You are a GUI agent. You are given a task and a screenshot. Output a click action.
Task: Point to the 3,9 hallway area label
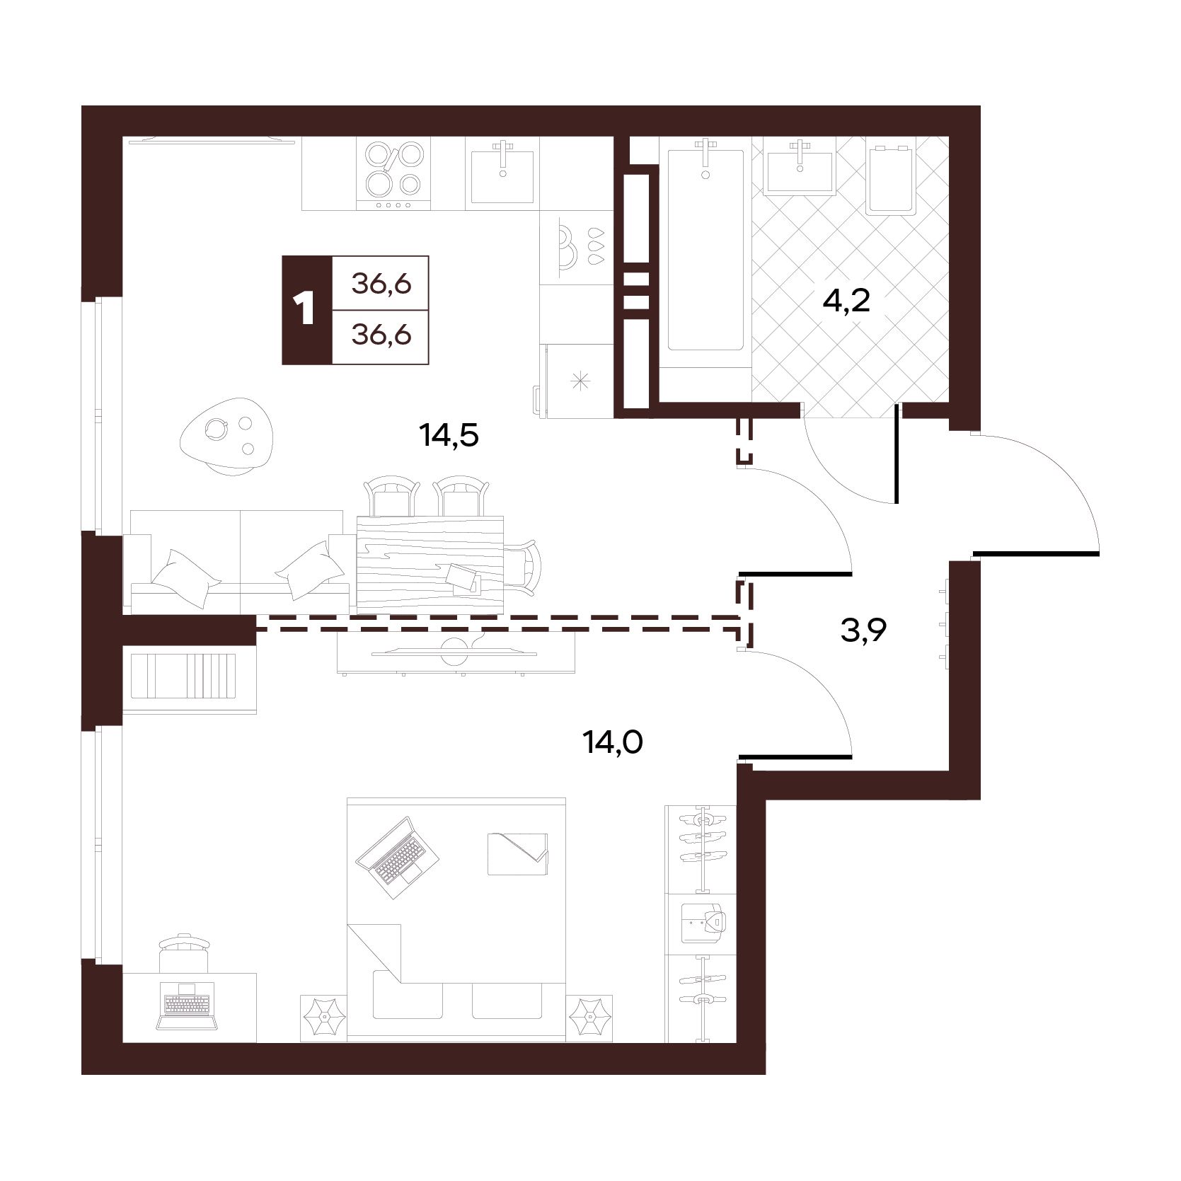[x=863, y=628]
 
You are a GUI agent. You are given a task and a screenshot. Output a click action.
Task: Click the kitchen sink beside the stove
[x=502, y=174]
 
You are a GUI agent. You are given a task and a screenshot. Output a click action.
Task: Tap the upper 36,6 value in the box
[x=382, y=284]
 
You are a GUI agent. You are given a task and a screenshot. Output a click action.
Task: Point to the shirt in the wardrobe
[x=702, y=923]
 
